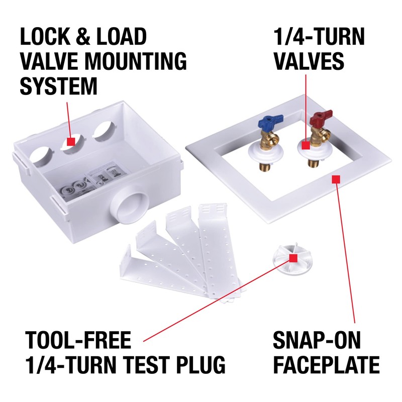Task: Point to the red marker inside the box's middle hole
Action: click(x=71, y=142)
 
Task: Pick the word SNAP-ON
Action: click(x=317, y=341)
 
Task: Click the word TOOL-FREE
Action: click(x=78, y=341)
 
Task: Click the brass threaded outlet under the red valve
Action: click(x=310, y=161)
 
